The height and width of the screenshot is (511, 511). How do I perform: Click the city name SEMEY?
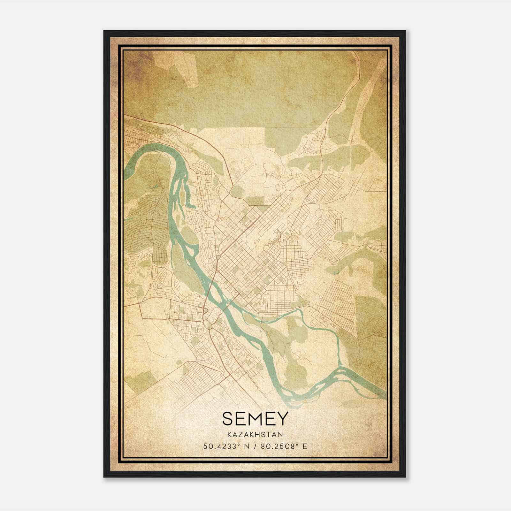click(255, 418)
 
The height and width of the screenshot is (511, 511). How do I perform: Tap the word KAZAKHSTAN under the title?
click(255, 435)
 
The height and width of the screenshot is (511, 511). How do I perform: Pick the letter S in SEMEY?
click(227, 418)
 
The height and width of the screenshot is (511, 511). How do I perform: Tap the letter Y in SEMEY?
click(283, 418)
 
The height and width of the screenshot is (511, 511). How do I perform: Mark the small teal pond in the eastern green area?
click(336, 272)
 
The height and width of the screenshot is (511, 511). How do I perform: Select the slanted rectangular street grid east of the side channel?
click(339, 303)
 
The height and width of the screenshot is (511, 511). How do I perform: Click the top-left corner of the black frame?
click(104, 31)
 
